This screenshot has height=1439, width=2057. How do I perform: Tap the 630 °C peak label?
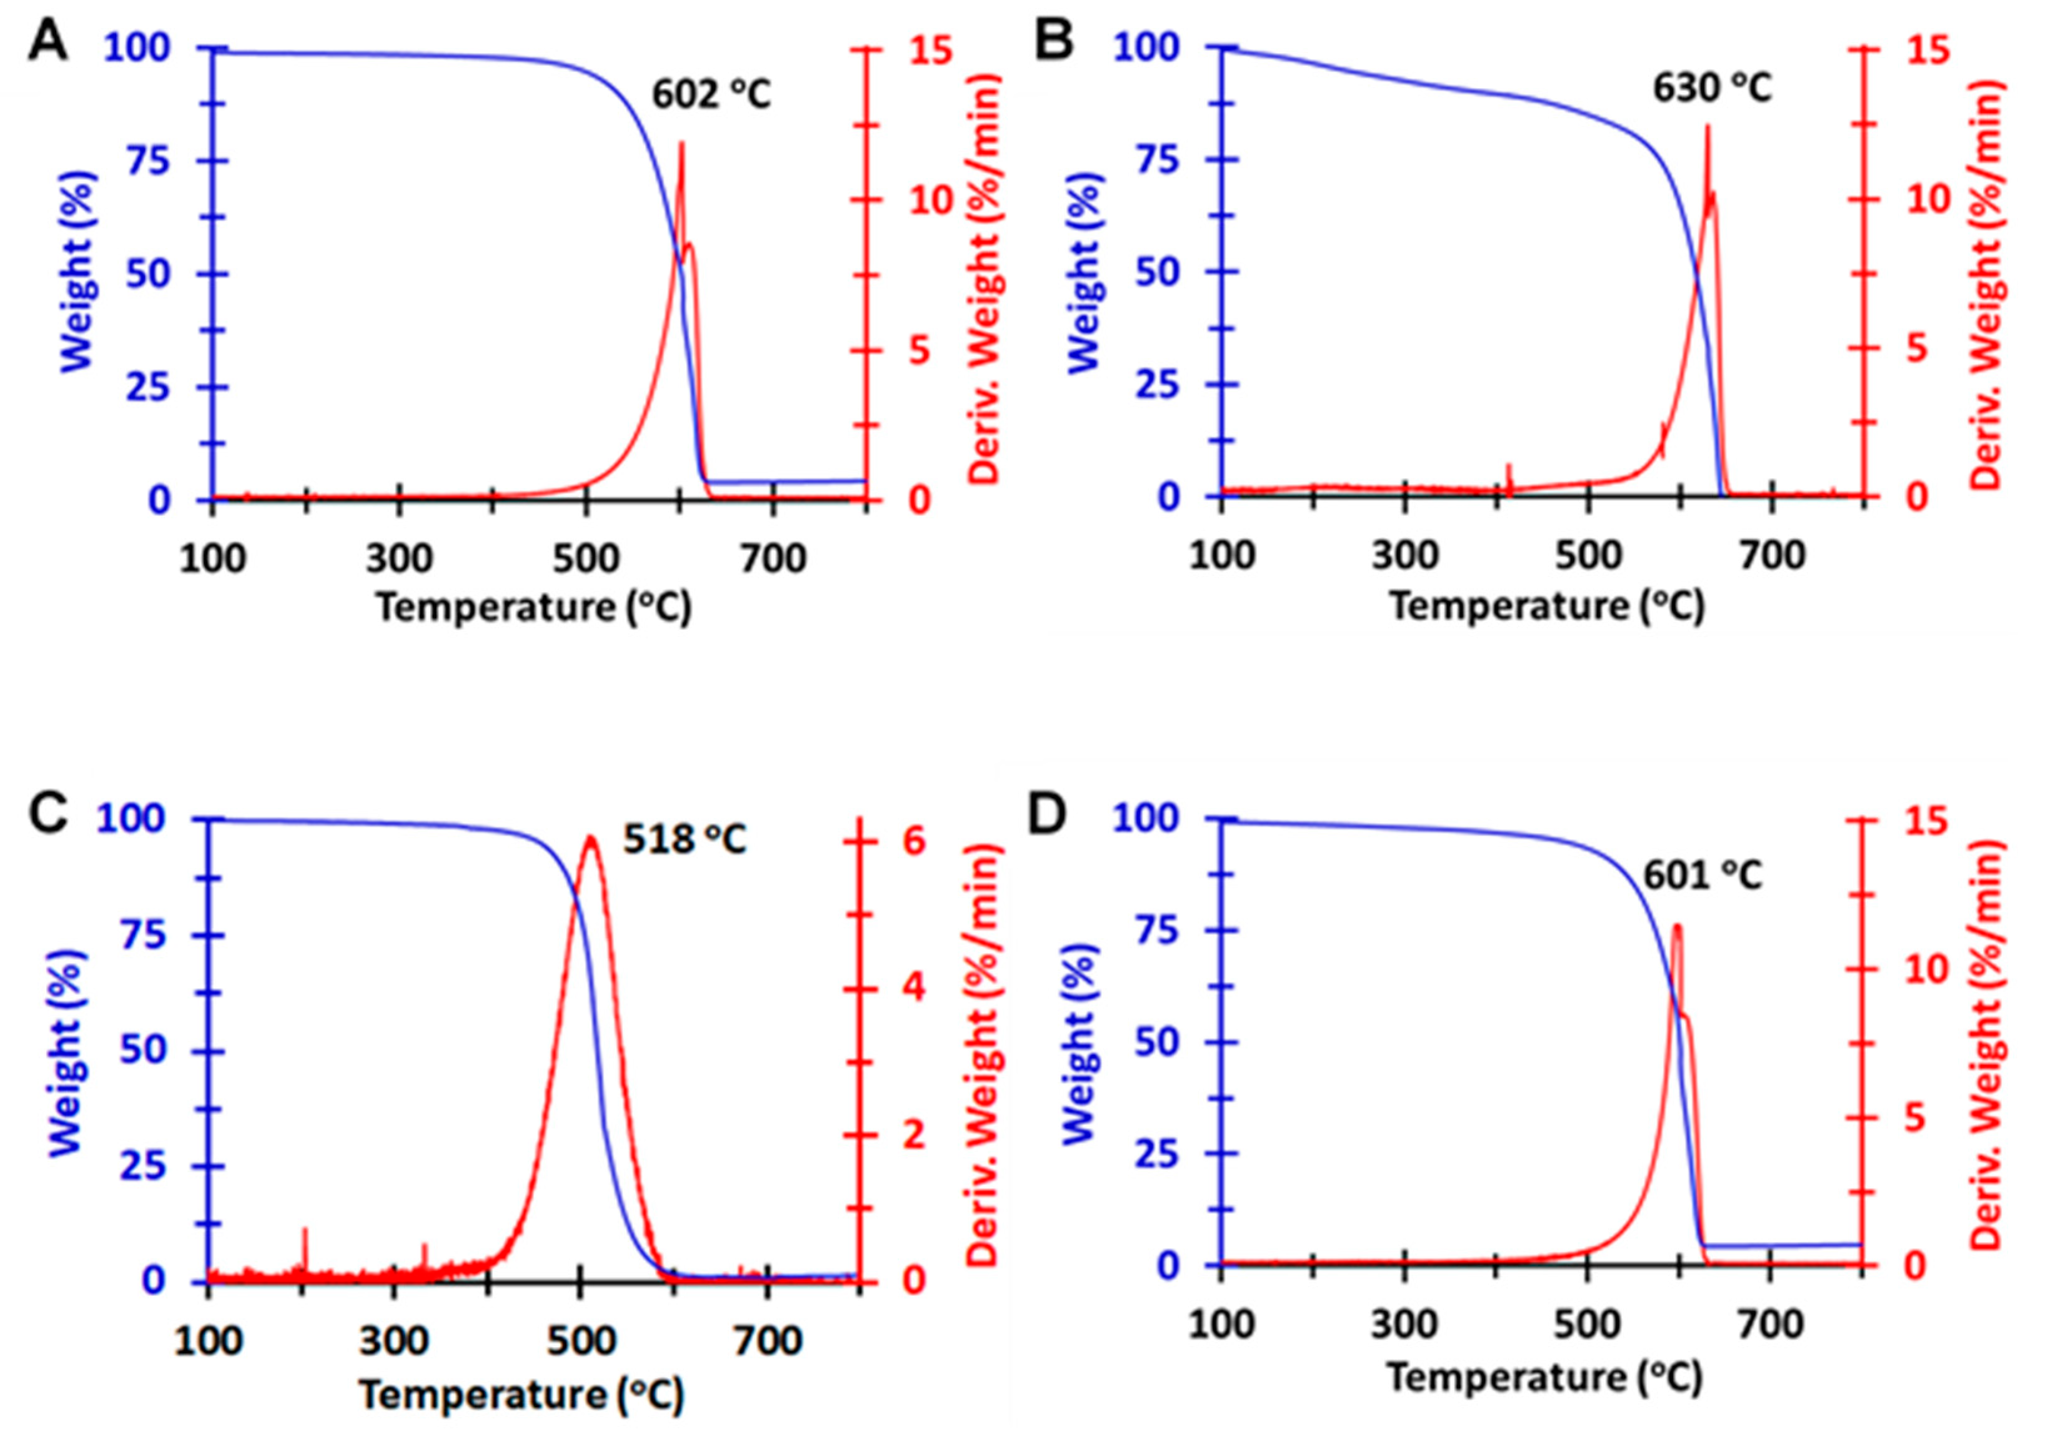(1712, 89)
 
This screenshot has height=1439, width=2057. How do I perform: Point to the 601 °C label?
(1702, 875)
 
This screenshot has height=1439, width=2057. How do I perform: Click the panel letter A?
(48, 42)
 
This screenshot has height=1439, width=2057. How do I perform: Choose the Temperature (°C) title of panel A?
(534, 608)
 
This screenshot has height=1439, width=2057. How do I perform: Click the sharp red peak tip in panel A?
(681, 142)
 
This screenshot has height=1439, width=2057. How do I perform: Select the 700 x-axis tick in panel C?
(767, 1340)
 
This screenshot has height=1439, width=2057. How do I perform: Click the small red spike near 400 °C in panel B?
(1509, 467)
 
